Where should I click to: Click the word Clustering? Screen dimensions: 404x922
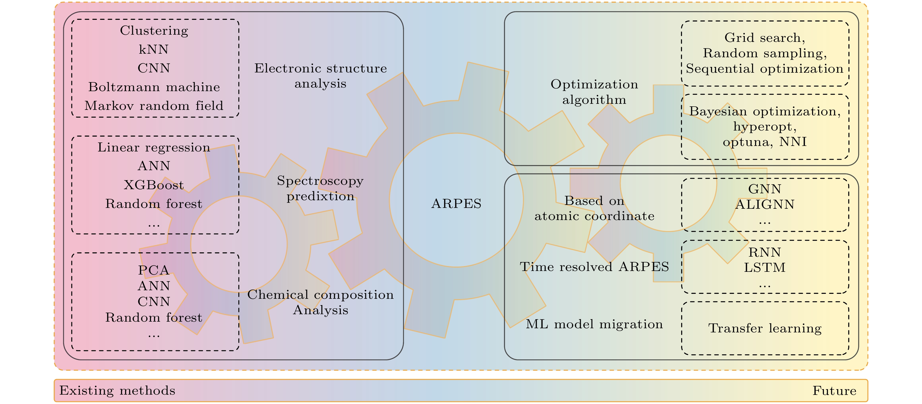[154, 31]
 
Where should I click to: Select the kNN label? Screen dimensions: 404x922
[154, 49]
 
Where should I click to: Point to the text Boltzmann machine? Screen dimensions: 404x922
[154, 87]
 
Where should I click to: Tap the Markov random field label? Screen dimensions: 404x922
[154, 106]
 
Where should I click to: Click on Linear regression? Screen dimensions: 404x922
[154, 147]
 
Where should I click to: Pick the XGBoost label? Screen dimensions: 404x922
[154, 185]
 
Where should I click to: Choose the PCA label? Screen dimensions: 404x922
[154, 270]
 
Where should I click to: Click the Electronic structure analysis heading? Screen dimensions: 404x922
[320, 76]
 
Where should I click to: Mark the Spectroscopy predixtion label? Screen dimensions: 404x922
[320, 188]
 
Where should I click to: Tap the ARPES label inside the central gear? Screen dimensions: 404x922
[456, 204]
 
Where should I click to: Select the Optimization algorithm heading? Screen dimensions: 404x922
[594, 92]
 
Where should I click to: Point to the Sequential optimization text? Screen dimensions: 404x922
[765, 69]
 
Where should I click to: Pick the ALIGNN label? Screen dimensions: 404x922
[765, 205]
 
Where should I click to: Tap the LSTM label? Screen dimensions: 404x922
[765, 268]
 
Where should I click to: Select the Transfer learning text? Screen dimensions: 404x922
[765, 328]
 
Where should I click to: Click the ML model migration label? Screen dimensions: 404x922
[594, 324]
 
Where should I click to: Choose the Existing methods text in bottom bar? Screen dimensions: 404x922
[117, 391]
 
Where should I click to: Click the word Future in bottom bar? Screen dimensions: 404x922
[834, 391]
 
